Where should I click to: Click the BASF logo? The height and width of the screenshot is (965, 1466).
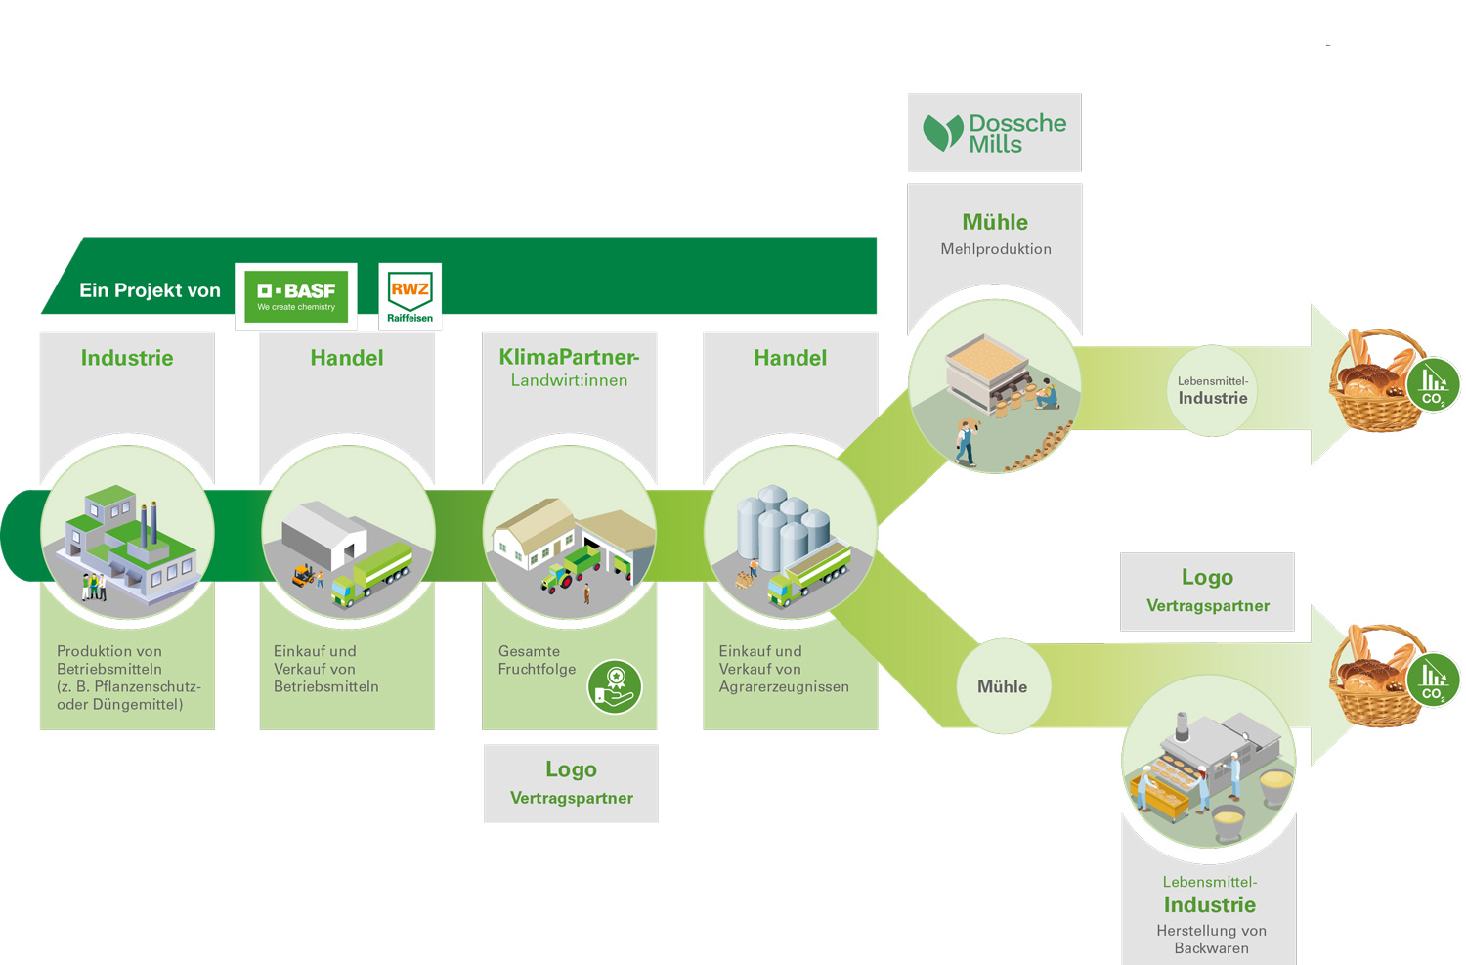296,296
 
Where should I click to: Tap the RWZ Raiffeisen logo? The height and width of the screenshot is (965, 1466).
410,296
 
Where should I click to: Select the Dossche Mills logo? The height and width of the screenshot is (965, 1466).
994,133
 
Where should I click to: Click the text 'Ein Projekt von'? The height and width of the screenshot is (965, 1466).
150,290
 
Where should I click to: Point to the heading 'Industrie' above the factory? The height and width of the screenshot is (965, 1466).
127,358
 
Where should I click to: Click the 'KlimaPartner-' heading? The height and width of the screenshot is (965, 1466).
569,357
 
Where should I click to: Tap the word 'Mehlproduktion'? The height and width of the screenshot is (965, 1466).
996,249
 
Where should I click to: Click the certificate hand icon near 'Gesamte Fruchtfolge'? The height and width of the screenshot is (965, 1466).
615,687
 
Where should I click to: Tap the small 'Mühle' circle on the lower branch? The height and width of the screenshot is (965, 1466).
1003,686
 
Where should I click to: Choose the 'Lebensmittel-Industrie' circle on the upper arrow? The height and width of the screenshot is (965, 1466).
1212,390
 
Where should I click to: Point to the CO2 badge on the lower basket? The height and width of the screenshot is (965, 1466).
1433,680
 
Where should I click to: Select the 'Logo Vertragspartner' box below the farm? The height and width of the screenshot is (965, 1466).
571,783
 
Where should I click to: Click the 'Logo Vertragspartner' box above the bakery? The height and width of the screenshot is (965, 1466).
1207,591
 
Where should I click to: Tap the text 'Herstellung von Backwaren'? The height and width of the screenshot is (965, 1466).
1211,939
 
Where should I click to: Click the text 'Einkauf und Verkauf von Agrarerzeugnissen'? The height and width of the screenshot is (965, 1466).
784,669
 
